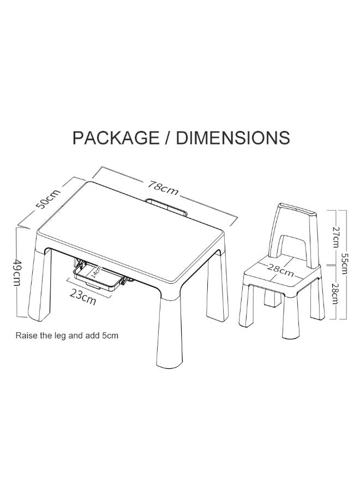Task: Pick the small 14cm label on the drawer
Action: pyautogui.click(x=95, y=271)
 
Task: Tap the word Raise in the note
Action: pyautogui.click(x=26, y=335)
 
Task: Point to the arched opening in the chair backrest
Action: pyautogui.click(x=292, y=249)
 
